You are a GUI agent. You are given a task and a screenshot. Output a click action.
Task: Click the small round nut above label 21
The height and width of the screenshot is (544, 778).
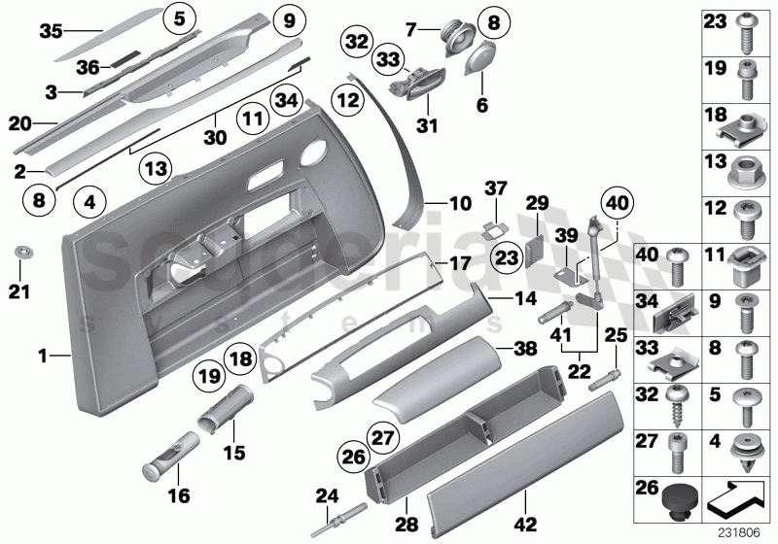pyautogui.click(x=20, y=255)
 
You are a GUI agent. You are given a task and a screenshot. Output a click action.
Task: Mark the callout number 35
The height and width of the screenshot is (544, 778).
pyautogui.click(x=50, y=30)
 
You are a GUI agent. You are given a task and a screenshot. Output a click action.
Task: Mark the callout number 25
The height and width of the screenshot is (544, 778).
pyautogui.click(x=614, y=336)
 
